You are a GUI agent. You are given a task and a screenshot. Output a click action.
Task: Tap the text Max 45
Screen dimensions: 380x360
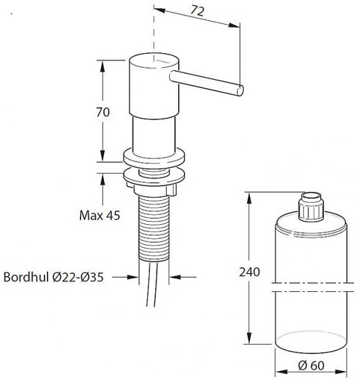100,215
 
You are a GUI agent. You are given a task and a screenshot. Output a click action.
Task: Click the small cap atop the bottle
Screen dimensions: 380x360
311,207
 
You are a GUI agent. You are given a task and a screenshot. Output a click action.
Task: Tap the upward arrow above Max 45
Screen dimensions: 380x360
103,179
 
